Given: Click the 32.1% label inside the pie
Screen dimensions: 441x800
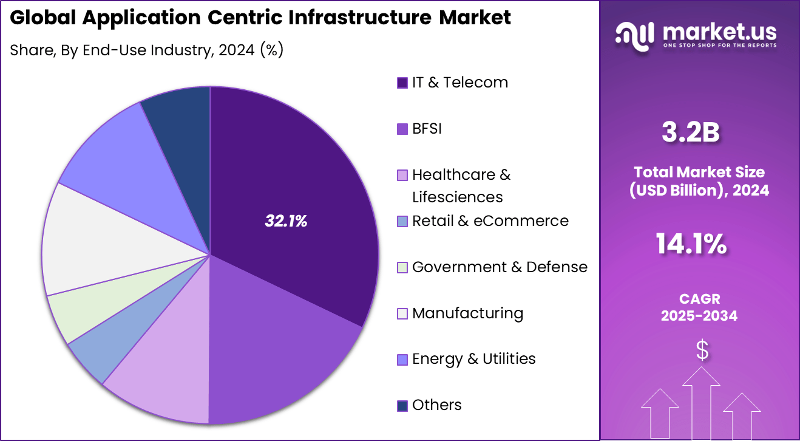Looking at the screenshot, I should pos(286,222).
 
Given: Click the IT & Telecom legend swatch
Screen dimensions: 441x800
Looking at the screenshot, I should pos(402,83).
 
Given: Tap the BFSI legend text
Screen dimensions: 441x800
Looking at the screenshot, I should pos(427,129).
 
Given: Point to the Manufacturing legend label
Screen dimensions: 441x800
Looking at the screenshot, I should pos(467,313).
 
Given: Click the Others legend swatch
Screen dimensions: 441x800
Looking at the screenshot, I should pos(402,406).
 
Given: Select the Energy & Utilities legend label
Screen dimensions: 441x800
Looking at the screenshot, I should pos(473,359).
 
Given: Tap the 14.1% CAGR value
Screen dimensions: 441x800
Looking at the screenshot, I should pos(691,244).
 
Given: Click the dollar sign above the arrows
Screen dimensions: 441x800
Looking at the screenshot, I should pos(702,350).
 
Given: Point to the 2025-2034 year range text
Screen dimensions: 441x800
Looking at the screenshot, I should pos(699,315).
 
